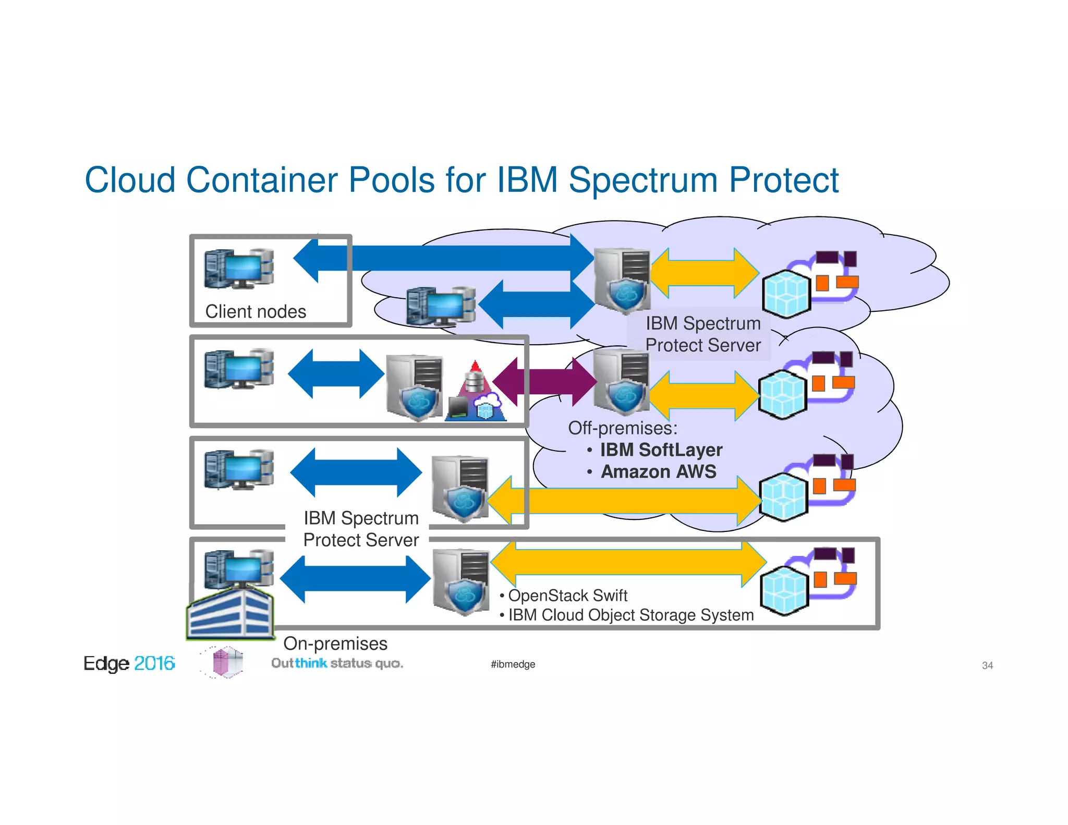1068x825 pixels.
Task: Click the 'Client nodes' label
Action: pyautogui.click(x=256, y=311)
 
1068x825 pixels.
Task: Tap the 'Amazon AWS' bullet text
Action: pyautogui.click(x=658, y=471)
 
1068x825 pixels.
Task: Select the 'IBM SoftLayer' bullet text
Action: pyautogui.click(x=661, y=450)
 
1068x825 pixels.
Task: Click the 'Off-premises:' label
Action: pyautogui.click(x=623, y=428)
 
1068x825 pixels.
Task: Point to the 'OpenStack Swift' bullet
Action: pyautogui.click(x=567, y=596)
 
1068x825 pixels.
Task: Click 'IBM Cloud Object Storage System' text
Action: pyautogui.click(x=630, y=615)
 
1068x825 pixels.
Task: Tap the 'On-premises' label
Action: pyautogui.click(x=335, y=644)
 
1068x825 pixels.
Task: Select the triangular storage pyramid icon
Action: pyautogui.click(x=475, y=393)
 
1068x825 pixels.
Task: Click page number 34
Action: pyautogui.click(x=987, y=665)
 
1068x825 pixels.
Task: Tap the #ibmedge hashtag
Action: pyautogui.click(x=513, y=664)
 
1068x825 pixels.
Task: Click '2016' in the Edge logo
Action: pyautogui.click(x=154, y=663)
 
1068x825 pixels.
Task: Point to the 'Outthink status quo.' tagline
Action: pyautogui.click(x=337, y=663)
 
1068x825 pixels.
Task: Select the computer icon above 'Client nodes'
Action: pyautogui.click(x=239, y=269)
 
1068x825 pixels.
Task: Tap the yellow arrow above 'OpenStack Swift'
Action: pyautogui.click(x=628, y=563)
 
